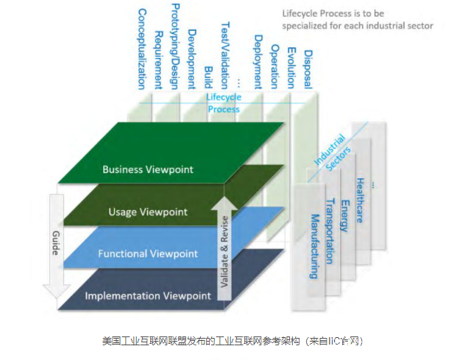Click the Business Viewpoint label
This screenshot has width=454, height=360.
point(148,169)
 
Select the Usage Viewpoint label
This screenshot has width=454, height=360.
point(148,212)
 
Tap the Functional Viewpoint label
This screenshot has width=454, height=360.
point(148,254)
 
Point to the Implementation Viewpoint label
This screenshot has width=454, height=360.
point(148,296)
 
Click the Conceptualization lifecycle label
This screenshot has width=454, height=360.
point(142,49)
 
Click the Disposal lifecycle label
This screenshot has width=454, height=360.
point(308,71)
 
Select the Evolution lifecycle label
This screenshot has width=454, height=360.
point(291,67)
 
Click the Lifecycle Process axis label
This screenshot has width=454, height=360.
point(223,103)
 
